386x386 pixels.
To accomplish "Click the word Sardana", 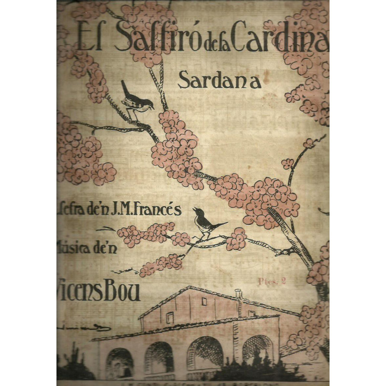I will pyautogui.click(x=220, y=80).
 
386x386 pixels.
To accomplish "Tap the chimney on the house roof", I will pyautogui.click(x=238, y=294).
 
